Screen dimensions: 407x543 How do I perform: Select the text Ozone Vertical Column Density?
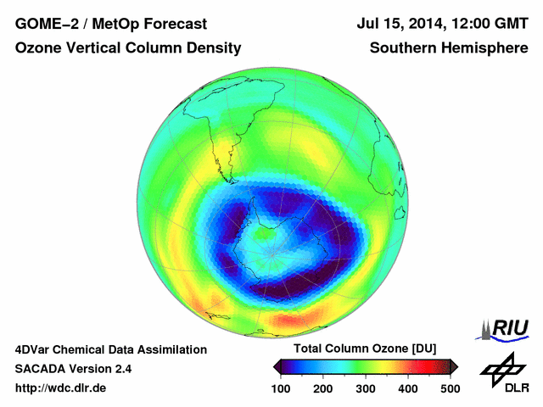(x=127, y=49)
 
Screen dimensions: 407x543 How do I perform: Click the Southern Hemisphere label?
(x=449, y=49)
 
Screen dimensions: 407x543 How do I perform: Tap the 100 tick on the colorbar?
(x=282, y=387)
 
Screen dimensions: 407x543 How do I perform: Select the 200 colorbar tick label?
(x=323, y=387)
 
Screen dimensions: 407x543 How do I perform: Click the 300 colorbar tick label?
(x=366, y=387)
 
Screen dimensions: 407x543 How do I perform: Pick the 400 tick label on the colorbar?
(x=407, y=387)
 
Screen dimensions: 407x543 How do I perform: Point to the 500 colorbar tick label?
(x=449, y=387)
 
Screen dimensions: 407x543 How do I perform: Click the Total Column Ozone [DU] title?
(x=365, y=349)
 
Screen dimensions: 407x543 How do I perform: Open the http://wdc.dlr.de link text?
(x=61, y=388)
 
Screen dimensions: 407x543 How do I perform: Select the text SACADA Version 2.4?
(x=73, y=369)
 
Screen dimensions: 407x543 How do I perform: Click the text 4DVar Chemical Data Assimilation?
(x=110, y=349)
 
